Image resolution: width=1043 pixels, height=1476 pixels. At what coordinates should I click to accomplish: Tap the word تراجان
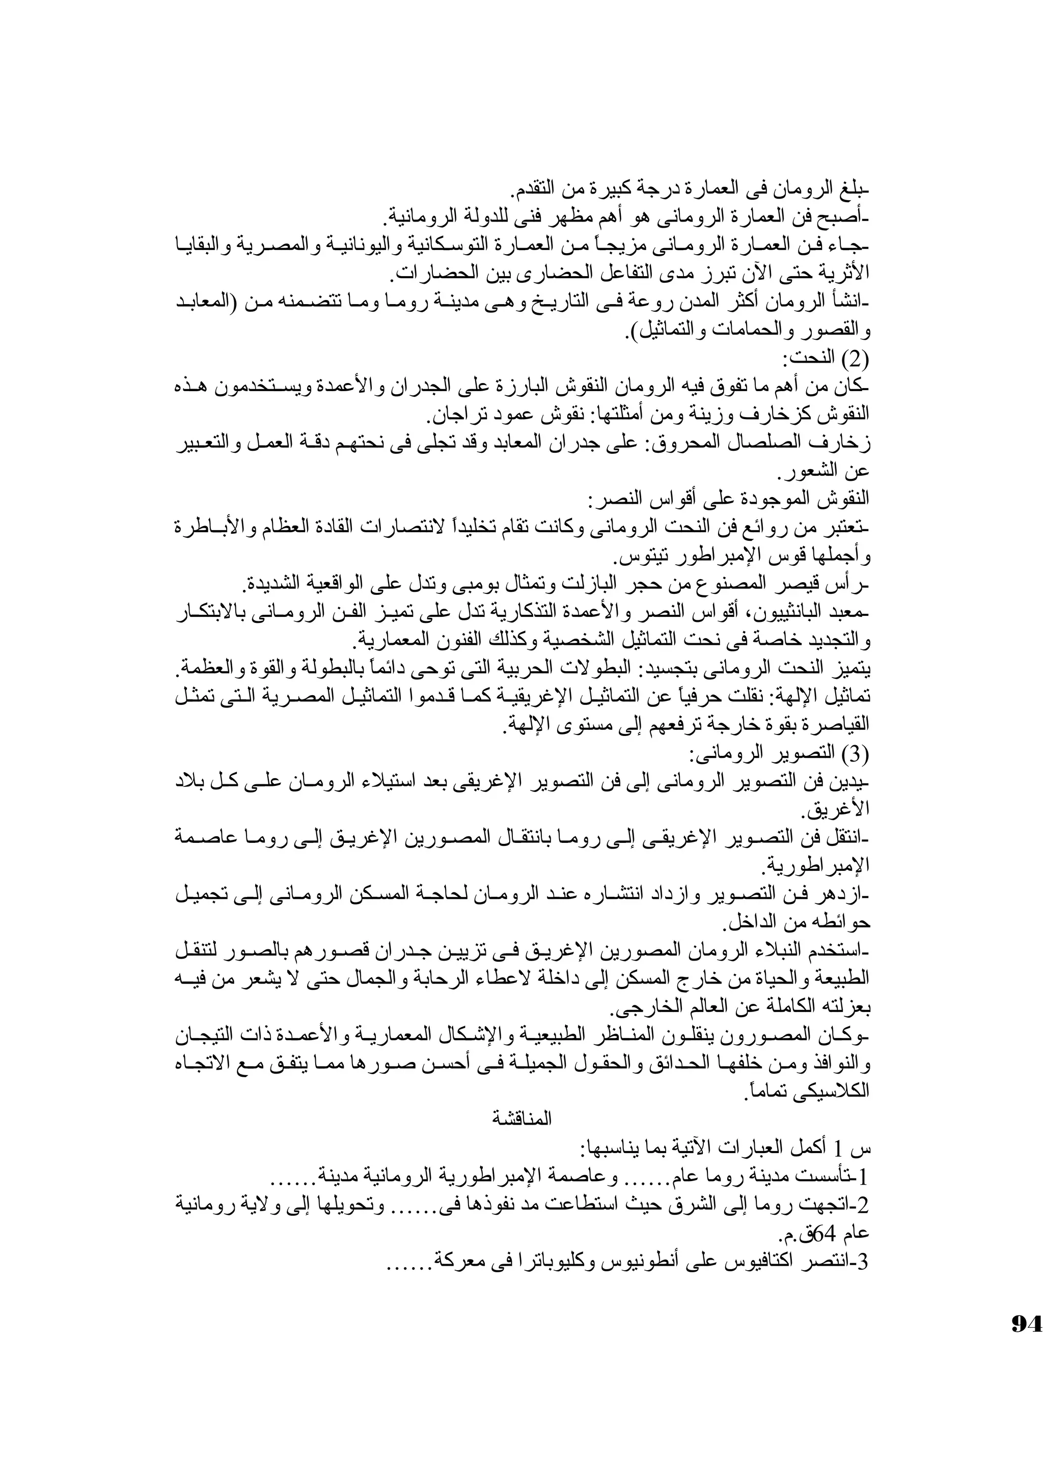click(x=450, y=417)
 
